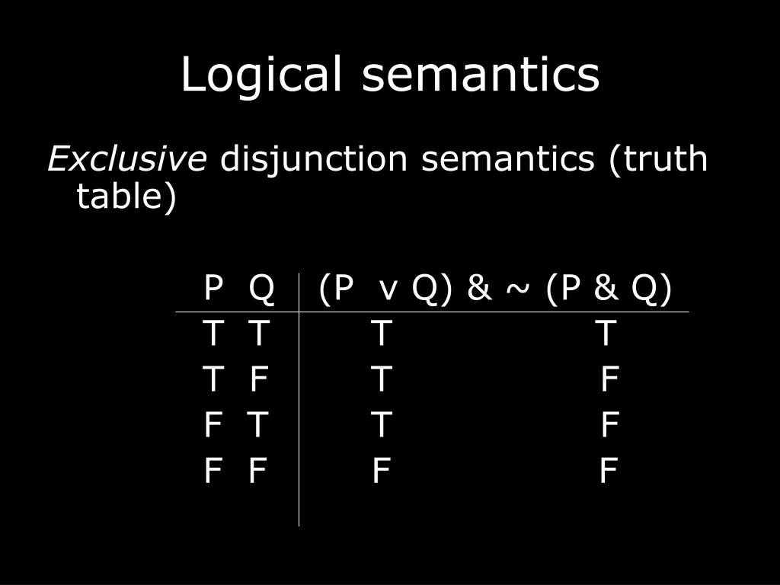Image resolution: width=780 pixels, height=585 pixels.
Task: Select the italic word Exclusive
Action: [x=126, y=159]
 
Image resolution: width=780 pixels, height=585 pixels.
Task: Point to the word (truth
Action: [x=657, y=159]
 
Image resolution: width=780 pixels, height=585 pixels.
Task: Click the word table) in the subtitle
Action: [x=126, y=197]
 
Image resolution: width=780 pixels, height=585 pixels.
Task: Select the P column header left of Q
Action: [x=213, y=289]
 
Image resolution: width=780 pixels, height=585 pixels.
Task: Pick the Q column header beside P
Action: [x=261, y=289]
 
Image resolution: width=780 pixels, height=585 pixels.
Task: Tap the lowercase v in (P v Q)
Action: [x=388, y=291]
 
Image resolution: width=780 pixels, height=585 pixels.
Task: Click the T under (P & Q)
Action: [x=606, y=334]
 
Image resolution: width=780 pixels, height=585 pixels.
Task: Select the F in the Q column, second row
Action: [x=259, y=379]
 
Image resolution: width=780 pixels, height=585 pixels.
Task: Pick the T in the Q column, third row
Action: [x=257, y=425]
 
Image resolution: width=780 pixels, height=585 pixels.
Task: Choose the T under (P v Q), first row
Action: [x=382, y=334]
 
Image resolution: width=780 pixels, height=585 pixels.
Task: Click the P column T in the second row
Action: [x=213, y=379]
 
